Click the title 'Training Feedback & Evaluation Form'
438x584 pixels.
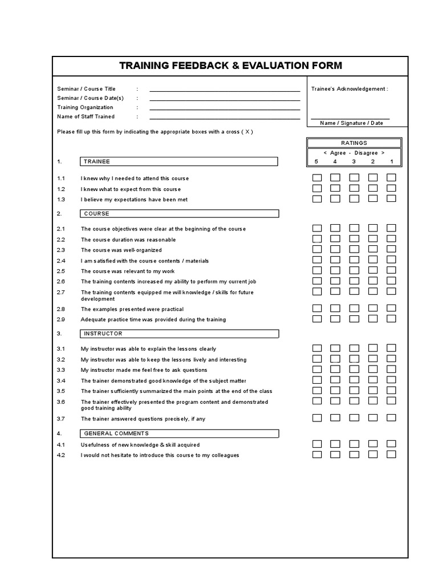coord(230,66)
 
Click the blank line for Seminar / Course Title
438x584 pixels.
coord(225,90)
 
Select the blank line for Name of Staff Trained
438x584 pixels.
coord(225,118)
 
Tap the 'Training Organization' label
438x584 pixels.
coord(85,107)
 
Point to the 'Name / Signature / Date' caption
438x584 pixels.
coord(351,123)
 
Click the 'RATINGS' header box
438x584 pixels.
coord(354,143)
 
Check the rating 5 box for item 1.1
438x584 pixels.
coord(317,178)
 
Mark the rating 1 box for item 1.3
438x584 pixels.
coord(391,198)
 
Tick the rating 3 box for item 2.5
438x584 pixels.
coord(354,270)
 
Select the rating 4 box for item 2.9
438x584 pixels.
coord(335,319)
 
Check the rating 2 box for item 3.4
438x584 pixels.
coord(373,380)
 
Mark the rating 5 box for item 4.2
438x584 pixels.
coord(317,455)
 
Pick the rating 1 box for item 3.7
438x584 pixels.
coord(391,418)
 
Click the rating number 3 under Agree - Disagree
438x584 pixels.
coord(354,162)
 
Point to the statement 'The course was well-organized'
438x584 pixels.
coord(121,250)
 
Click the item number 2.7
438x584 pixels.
coord(61,292)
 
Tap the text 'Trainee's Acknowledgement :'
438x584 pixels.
coord(349,89)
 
